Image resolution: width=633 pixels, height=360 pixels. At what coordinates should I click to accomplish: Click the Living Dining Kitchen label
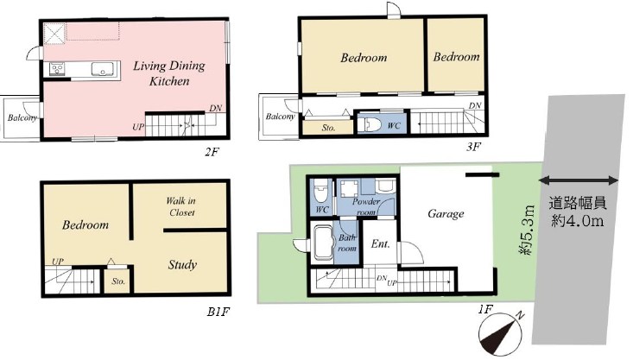point(169,73)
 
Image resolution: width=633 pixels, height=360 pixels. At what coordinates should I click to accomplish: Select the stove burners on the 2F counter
point(56,69)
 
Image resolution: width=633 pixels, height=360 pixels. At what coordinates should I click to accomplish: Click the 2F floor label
point(211,152)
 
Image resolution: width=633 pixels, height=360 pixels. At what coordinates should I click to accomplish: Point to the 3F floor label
point(473,147)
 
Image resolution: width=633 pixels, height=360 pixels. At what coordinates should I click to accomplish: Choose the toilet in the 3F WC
point(370,124)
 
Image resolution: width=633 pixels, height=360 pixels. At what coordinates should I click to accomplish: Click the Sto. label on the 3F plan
point(328,128)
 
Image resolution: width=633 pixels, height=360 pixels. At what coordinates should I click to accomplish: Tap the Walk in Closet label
point(180,206)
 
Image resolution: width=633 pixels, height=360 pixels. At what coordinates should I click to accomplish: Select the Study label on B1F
point(182,265)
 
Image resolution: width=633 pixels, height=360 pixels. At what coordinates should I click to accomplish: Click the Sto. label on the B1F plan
point(118,281)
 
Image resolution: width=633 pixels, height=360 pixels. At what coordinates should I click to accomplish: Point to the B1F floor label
point(218,312)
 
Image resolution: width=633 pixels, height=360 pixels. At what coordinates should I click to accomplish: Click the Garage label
point(446,213)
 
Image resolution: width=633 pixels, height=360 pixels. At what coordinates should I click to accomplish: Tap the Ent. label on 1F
point(380,243)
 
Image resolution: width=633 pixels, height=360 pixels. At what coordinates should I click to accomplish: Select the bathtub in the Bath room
point(325,243)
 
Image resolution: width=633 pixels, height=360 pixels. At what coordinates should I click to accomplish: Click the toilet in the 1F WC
point(320,192)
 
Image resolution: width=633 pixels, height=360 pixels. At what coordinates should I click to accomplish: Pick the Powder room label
point(366,206)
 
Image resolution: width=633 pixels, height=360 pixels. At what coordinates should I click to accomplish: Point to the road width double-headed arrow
point(579,180)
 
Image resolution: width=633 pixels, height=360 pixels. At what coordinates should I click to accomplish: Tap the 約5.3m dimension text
point(527,230)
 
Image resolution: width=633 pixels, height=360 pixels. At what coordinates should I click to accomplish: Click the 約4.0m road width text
point(577,221)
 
